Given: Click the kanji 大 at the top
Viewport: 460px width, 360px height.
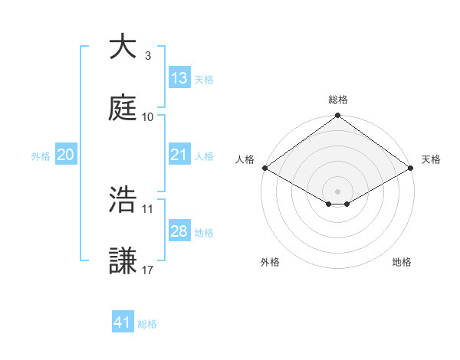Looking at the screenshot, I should pyautogui.click(x=123, y=47).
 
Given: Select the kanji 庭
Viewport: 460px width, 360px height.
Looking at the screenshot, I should pyautogui.click(x=123, y=108).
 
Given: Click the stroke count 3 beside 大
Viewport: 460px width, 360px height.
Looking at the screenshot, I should pyautogui.click(x=147, y=56).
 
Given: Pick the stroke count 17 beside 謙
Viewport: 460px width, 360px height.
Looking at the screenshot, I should pyautogui.click(x=148, y=270).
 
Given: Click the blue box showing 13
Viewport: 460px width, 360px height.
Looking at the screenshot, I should pyautogui.click(x=179, y=78).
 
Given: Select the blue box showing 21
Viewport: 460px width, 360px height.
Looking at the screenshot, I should pyautogui.click(x=179, y=155).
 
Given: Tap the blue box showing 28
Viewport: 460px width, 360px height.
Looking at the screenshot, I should pyautogui.click(x=179, y=231).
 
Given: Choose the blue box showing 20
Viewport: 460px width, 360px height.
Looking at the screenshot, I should pyautogui.click(x=65, y=155).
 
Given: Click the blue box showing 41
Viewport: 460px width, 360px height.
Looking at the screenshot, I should pyautogui.click(x=123, y=323).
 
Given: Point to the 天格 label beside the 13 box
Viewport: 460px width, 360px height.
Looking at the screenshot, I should pyautogui.click(x=203, y=80).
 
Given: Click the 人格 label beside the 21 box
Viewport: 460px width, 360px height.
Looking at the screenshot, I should pyautogui.click(x=203, y=156).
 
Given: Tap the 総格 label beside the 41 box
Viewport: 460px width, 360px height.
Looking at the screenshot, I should pyautogui.click(x=147, y=325).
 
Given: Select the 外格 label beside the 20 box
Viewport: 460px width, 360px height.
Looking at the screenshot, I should pyautogui.click(x=41, y=156).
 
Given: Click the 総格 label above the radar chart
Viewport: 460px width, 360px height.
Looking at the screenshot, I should pyautogui.click(x=337, y=100).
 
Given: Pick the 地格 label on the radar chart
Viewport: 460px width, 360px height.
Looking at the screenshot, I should pyautogui.click(x=402, y=263).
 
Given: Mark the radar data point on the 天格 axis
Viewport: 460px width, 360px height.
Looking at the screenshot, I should pyautogui.click(x=411, y=168).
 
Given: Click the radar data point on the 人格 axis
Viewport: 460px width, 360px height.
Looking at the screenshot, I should pyautogui.click(x=264, y=168).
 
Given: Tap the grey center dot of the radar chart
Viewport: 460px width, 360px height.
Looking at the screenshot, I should pyautogui.click(x=337, y=191).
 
